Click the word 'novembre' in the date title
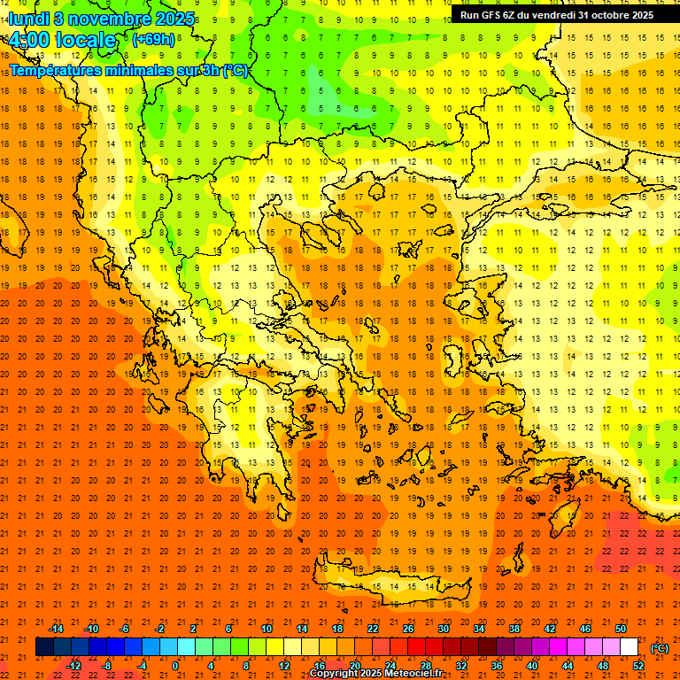[x=101, y=19]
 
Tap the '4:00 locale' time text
[x=61, y=40]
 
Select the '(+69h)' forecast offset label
[x=152, y=39]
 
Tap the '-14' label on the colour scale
[x=56, y=629]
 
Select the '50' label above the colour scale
[x=620, y=629]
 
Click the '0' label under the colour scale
[x=175, y=666]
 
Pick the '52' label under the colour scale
[x=637, y=666]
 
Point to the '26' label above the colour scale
[x=408, y=629]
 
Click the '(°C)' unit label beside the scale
[x=660, y=648]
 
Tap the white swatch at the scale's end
[x=629, y=647]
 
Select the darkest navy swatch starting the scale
[x=44, y=647]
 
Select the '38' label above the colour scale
[x=514, y=629]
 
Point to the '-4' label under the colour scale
[x=141, y=666]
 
